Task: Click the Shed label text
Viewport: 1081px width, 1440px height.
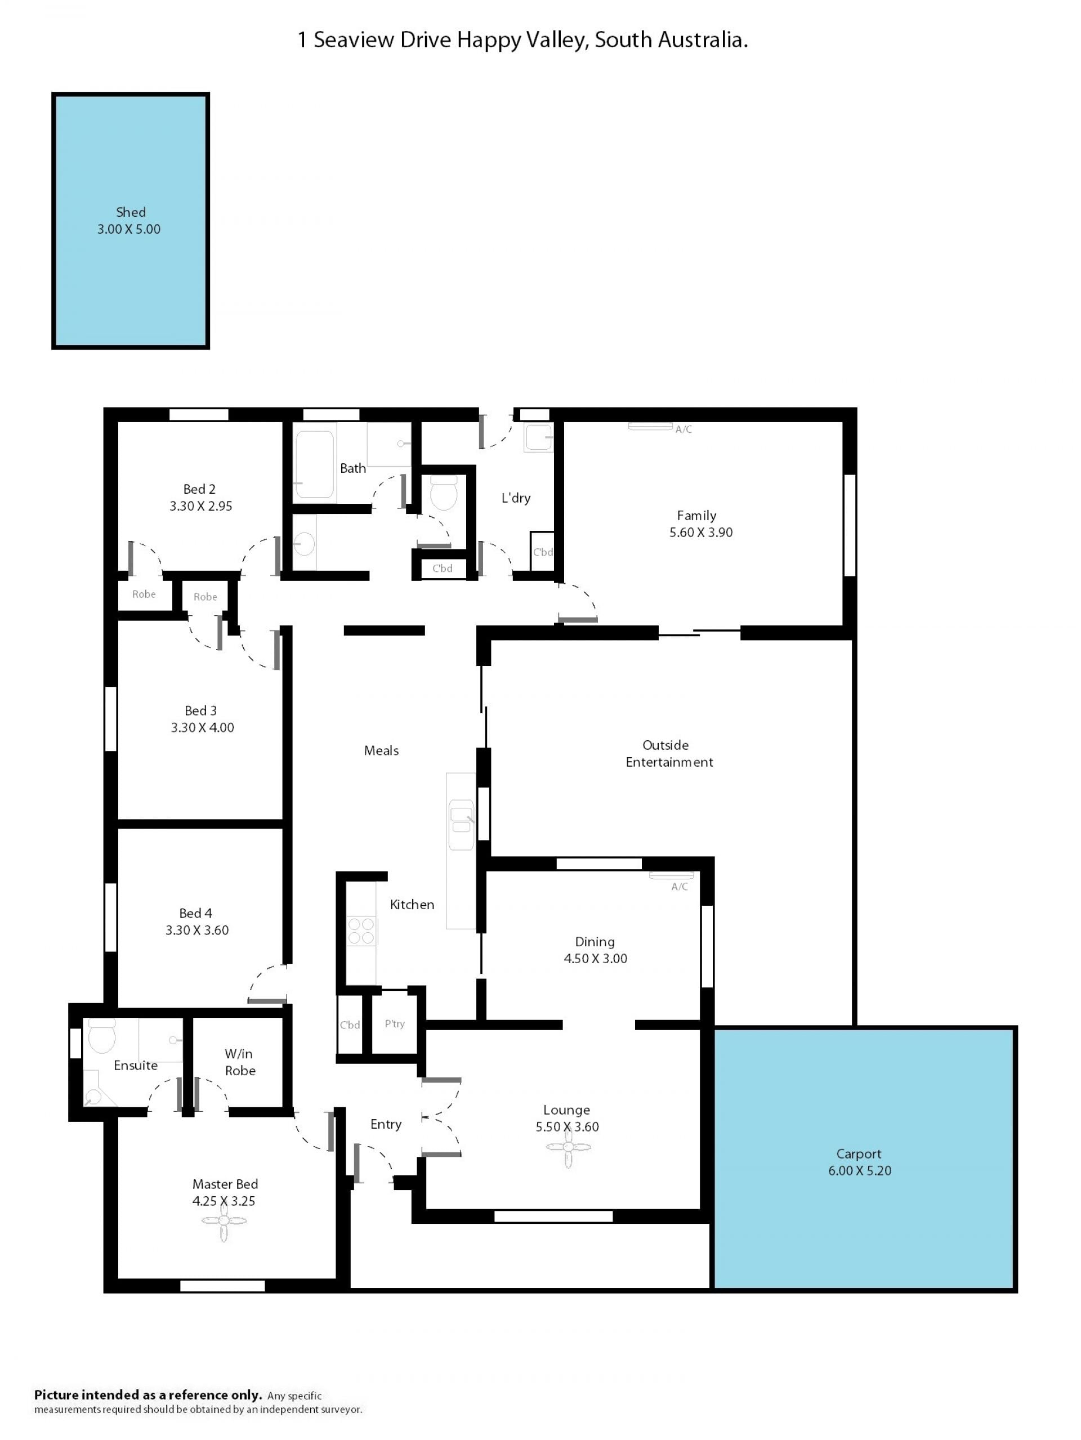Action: coord(130,212)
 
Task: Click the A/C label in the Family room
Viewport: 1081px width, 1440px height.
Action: coord(683,430)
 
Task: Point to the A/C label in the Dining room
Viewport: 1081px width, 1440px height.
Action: coord(679,887)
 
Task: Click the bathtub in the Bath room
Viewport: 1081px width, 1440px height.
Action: coord(315,465)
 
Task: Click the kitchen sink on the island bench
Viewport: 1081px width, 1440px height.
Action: coord(461,825)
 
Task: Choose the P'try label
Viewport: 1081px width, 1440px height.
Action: coord(395,1024)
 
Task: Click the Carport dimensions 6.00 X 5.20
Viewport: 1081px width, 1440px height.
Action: coord(860,1170)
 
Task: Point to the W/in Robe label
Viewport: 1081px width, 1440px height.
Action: coord(240,1062)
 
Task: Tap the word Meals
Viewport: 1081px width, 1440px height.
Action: coord(381,750)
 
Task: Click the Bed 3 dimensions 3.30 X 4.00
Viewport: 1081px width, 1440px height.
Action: coord(203,728)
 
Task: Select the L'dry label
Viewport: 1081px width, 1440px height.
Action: coord(516,498)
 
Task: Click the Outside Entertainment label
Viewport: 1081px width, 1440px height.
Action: coord(669,753)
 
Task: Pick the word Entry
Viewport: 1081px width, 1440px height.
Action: coord(386,1124)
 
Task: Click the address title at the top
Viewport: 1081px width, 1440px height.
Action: coord(522,41)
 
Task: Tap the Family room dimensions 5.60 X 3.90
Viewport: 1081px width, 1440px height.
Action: coord(701,533)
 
